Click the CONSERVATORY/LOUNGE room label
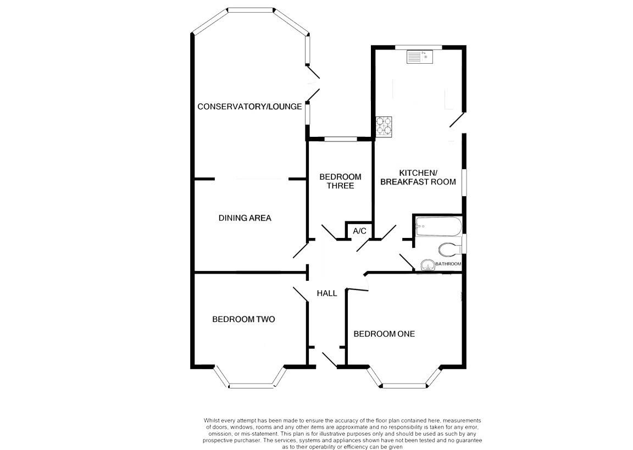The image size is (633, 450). pos(249,107)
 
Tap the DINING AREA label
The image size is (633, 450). pos(245,218)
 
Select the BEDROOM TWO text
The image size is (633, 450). pos(243,319)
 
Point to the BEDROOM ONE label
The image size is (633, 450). pos(384,334)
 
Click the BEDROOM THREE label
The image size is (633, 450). pos(340,181)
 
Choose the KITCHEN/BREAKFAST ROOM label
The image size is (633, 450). pos(418,177)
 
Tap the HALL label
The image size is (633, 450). pos(326,293)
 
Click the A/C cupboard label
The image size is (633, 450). pos(359,231)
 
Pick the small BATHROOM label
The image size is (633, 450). pos(448,264)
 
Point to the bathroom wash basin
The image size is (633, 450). pos(427,265)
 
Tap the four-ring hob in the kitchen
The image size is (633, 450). pos(384,125)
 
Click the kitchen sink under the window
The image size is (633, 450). pos(419,57)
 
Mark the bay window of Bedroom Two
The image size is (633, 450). pos(250,377)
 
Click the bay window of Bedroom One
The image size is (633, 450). pos(404,377)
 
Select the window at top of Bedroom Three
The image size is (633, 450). pos(341,139)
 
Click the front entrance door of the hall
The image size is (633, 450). pos(330,360)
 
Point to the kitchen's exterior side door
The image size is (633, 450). pos(457,120)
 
